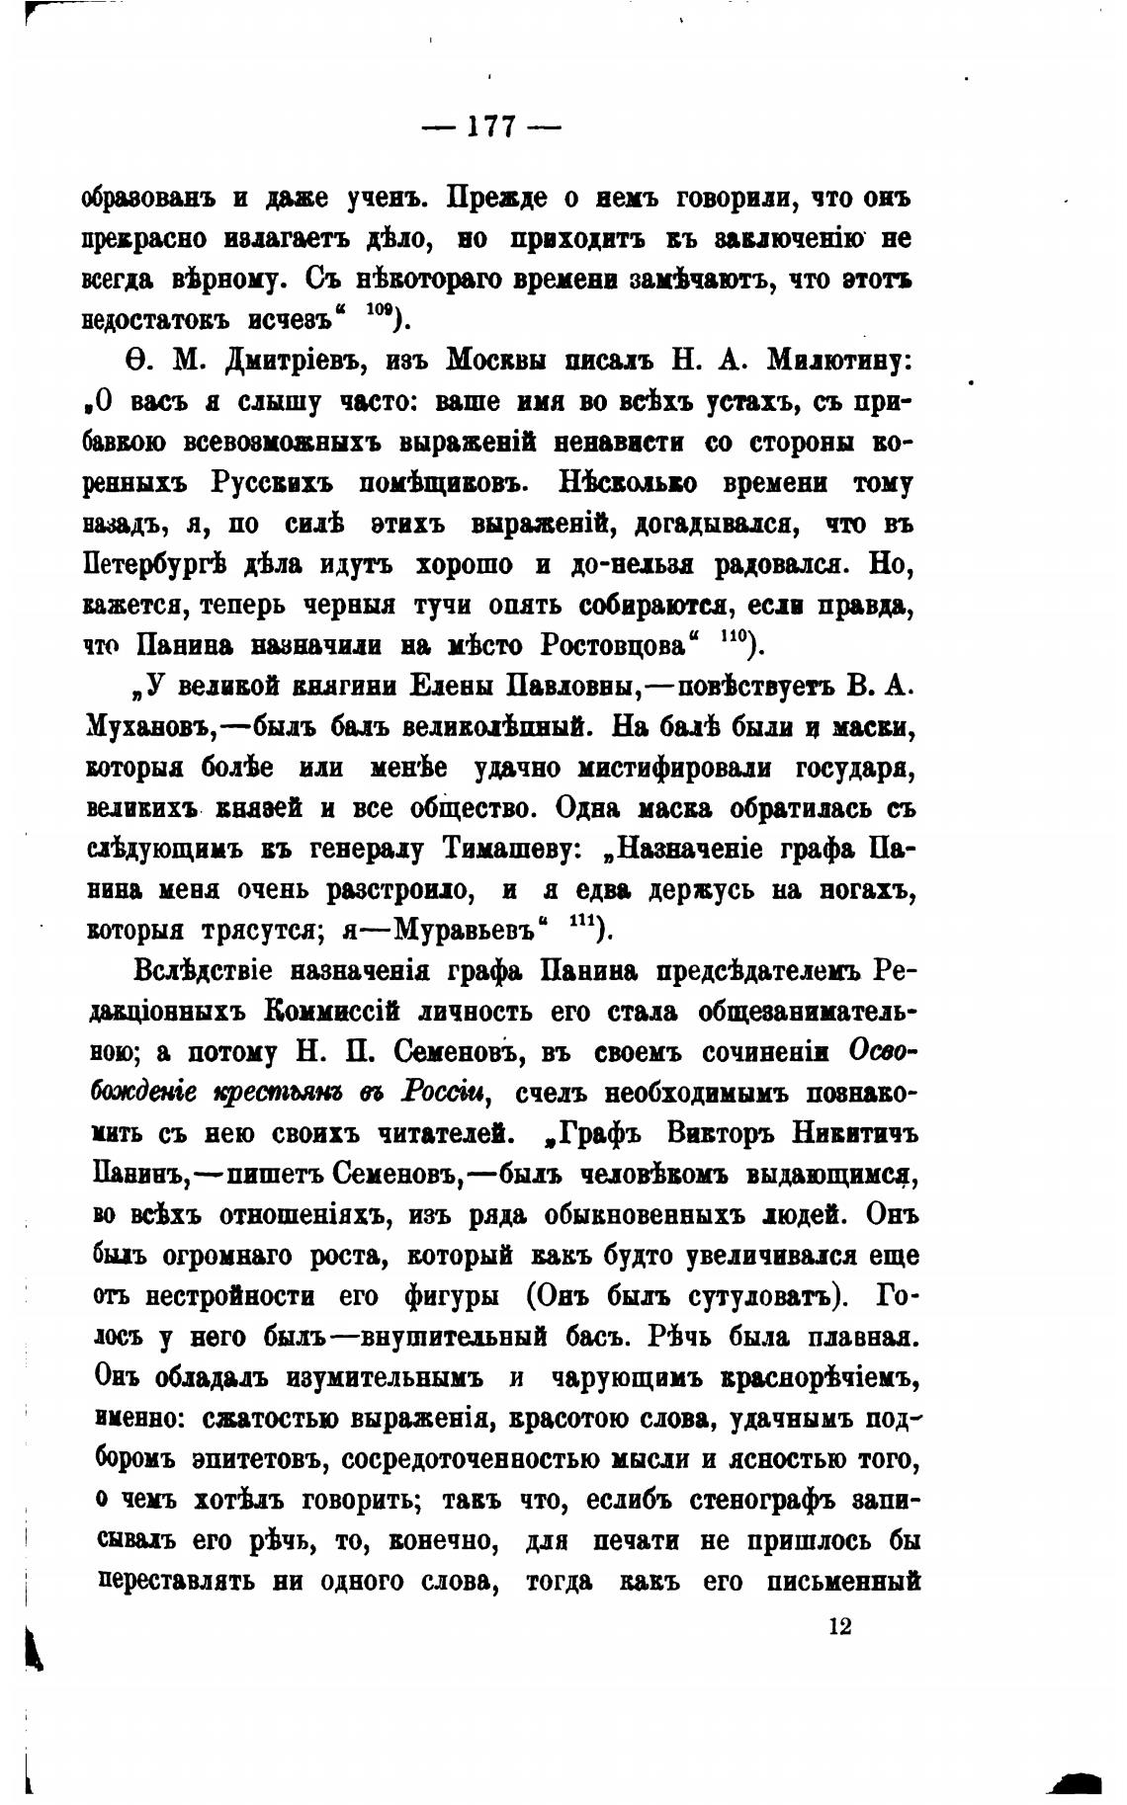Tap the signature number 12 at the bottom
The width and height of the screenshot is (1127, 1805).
[840, 1626]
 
